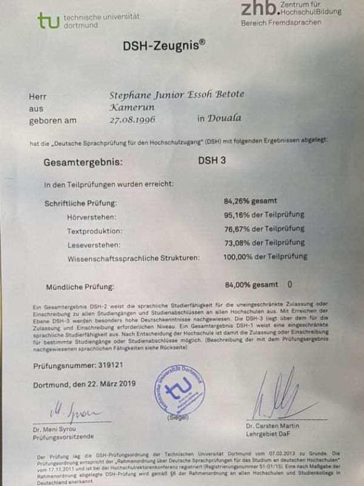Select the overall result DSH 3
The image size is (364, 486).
pyautogui.click(x=212, y=162)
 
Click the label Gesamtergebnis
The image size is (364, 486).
pyautogui.click(x=83, y=163)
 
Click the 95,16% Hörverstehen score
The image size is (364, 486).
pyautogui.click(x=241, y=214)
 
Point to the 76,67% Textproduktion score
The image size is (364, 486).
pyautogui.click(x=241, y=229)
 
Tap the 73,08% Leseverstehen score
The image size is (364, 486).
pyautogui.click(x=241, y=242)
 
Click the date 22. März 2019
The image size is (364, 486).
pyautogui.click(x=107, y=384)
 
